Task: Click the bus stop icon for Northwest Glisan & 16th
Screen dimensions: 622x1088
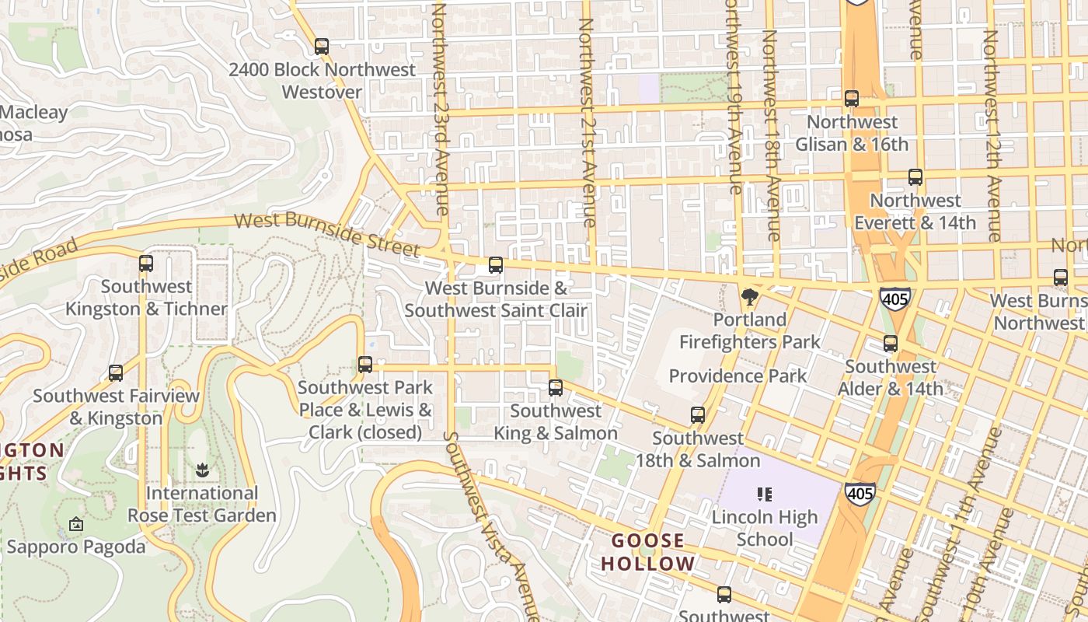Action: (x=852, y=99)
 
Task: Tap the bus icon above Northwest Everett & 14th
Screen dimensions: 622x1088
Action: (x=915, y=177)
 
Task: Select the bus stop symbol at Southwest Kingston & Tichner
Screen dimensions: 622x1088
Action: (x=146, y=264)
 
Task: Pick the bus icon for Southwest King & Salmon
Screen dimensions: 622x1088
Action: (x=556, y=388)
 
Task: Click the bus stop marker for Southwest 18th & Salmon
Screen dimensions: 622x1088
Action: (x=698, y=415)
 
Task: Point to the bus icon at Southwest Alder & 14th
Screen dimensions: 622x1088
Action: (x=891, y=344)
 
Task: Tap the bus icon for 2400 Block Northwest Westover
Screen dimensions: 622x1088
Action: (x=322, y=47)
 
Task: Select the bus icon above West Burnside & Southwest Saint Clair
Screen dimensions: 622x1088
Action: (x=496, y=265)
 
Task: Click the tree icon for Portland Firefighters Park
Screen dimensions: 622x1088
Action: (x=750, y=297)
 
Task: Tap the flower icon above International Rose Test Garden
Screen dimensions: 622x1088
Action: (x=202, y=470)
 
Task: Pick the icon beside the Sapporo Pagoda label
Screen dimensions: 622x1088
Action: (x=75, y=525)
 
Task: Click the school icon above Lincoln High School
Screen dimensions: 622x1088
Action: (x=765, y=494)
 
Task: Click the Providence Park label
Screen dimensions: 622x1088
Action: (x=738, y=376)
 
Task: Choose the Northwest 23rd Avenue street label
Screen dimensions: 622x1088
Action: (x=441, y=109)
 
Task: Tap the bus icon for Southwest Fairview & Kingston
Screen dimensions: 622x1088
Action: (x=116, y=373)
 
